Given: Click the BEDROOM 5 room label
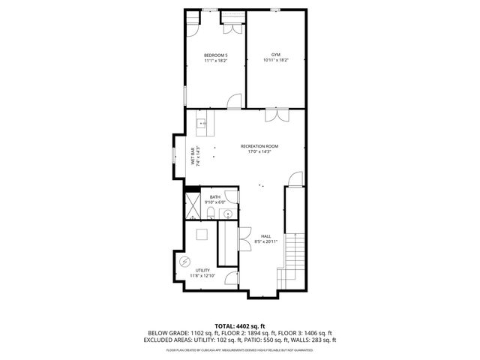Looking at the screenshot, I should [x=216, y=55].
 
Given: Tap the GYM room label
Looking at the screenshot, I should [x=276, y=55].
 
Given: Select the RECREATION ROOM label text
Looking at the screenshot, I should [x=259, y=145].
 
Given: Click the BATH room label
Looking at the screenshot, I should [x=214, y=197].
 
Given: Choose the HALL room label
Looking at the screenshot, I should [x=265, y=235].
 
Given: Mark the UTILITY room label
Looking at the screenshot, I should [x=202, y=270].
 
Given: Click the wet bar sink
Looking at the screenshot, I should [x=201, y=122].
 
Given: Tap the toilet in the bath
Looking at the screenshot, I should [x=211, y=215].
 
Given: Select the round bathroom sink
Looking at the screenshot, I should [x=227, y=214].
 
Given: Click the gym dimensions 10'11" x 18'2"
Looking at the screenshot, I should [x=276, y=61].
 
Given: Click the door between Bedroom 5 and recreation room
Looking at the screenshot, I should [x=235, y=101].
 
